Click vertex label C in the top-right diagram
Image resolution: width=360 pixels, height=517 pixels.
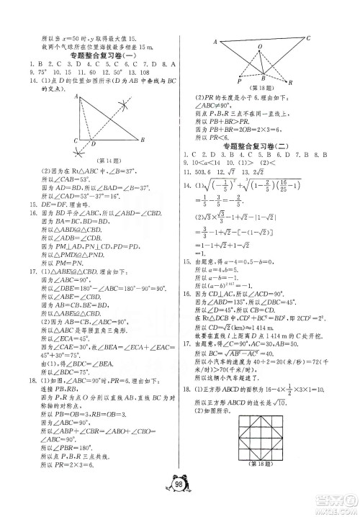click(308, 37)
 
